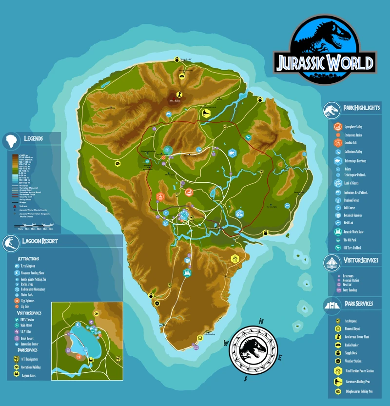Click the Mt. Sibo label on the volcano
[175, 101]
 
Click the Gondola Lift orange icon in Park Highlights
[337, 143]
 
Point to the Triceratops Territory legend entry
[355, 160]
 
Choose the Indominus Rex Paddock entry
[355, 193]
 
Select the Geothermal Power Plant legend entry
[358, 336]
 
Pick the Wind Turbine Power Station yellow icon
[337, 370]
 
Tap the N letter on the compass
[261, 321]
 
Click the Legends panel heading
[33, 138]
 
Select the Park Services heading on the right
[358, 304]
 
